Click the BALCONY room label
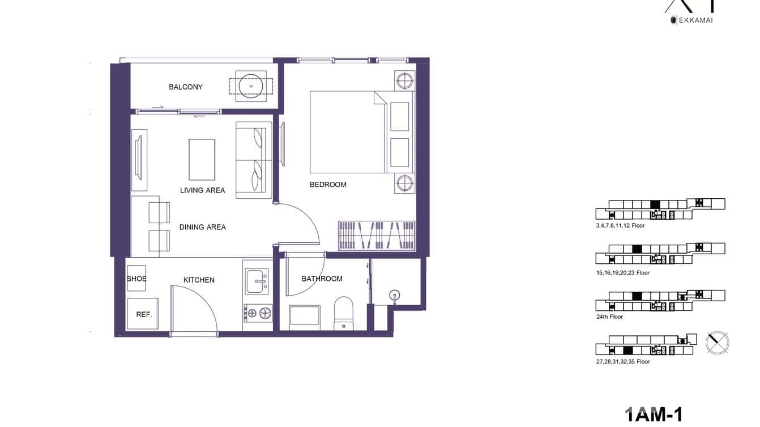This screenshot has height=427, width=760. pos(185,87)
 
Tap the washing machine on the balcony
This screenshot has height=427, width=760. pos(250,86)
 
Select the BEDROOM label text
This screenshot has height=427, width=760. pos(328,184)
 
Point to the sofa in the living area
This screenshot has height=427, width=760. pos(253,160)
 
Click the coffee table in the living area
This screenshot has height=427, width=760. pos(202,159)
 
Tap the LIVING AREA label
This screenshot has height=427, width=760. pos(202,190)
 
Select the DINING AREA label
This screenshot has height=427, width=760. pos(202,227)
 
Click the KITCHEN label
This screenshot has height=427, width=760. pos(199,280)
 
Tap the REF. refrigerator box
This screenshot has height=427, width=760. pos(143,314)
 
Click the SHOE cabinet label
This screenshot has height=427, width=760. pos(136,279)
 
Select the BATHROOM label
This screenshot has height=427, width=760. pos(322,279)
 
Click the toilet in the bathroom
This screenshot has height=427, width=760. pos(344,312)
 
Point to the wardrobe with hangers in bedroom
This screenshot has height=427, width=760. pos(377,236)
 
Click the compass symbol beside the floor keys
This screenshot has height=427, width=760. pos(717,343)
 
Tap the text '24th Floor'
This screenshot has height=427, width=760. pos(609,317)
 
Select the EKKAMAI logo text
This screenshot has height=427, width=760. pos(693,20)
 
